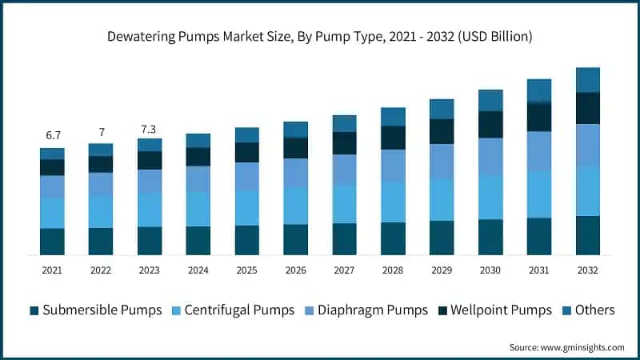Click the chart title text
[x=320, y=37]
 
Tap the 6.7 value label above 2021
[x=52, y=136]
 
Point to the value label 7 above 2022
[x=101, y=131]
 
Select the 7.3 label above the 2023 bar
[x=150, y=128]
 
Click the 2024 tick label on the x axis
[x=198, y=270]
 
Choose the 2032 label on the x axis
[x=588, y=270]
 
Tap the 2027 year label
[x=345, y=270]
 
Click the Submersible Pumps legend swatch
[x=34, y=310]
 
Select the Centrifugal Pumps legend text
[x=240, y=310]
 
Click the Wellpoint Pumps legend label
[x=501, y=310]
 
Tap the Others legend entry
[x=594, y=310]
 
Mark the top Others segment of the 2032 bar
[x=588, y=80]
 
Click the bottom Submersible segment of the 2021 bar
[x=52, y=242]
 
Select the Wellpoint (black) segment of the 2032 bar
[x=588, y=108]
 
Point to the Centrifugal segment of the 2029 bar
[x=442, y=199]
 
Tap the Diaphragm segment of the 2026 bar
[x=296, y=173]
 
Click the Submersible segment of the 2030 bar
[x=490, y=237]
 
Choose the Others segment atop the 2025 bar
[x=247, y=134]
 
